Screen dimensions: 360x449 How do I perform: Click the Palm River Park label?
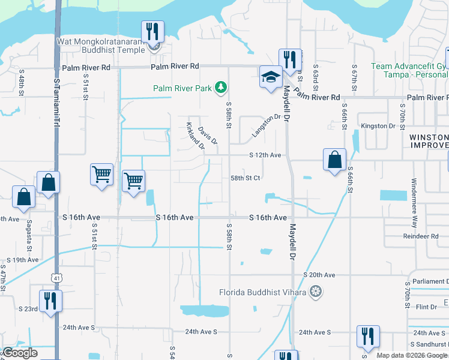[x=182, y=88]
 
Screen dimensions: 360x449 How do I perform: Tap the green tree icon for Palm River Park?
[x=221, y=88]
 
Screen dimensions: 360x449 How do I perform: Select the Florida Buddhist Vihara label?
[x=262, y=293]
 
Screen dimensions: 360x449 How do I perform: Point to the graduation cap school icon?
[x=271, y=76]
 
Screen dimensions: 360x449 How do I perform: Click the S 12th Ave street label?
[x=265, y=155]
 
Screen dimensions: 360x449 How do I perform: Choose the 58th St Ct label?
[x=246, y=178]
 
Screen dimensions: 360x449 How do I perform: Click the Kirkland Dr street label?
[x=196, y=136]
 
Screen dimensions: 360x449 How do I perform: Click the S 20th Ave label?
[x=319, y=274]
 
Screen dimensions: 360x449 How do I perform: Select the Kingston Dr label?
[x=378, y=126]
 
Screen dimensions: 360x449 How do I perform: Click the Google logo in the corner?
[x=20, y=353]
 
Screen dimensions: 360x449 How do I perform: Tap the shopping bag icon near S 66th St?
[x=334, y=160]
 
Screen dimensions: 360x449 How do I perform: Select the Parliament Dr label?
[x=429, y=282]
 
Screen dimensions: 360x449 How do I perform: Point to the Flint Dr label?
[x=427, y=307]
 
